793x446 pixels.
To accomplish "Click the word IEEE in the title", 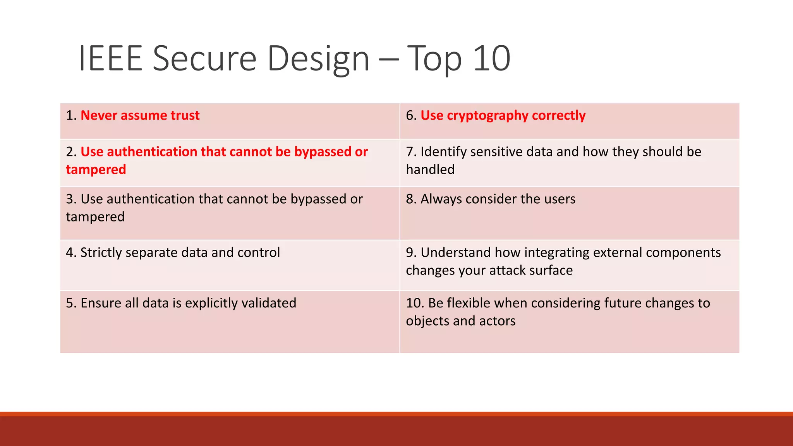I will click(x=111, y=59).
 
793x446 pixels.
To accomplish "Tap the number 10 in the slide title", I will click(x=491, y=59).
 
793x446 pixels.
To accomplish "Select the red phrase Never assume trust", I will click(x=140, y=115).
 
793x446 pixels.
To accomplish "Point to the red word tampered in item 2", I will click(x=96, y=170).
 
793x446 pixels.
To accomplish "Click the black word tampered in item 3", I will click(x=95, y=217).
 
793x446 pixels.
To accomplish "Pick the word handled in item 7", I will click(x=430, y=170).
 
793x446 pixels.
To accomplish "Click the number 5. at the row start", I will click(x=71, y=303).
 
